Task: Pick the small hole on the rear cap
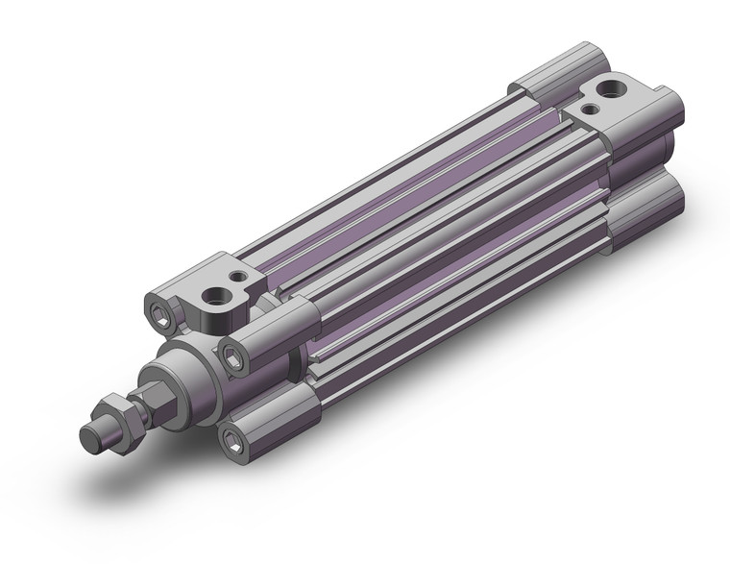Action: [x=590, y=110]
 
